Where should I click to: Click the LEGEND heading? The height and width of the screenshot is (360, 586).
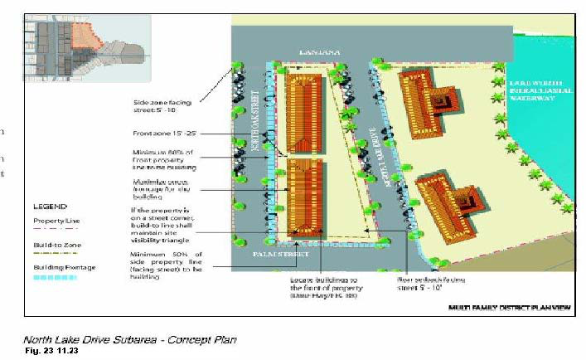pos(49,206)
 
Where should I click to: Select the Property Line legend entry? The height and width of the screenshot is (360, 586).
pos(56,221)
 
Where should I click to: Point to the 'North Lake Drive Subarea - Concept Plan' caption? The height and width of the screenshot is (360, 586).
pos(129,340)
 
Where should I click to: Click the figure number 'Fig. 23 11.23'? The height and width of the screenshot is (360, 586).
pos(49,352)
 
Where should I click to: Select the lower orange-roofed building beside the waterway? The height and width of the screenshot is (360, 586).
pos(448,198)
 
